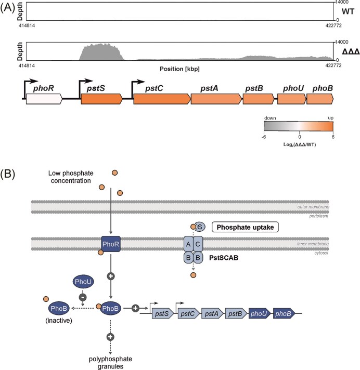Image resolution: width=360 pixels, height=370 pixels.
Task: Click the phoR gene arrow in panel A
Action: (44, 98)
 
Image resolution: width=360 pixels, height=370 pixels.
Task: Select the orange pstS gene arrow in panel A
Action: (101, 98)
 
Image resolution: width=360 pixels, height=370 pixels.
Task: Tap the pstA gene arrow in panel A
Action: (216, 98)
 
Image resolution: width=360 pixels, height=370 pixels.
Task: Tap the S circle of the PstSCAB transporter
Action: (200, 227)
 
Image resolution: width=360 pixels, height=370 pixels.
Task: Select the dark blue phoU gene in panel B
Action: (258, 313)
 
